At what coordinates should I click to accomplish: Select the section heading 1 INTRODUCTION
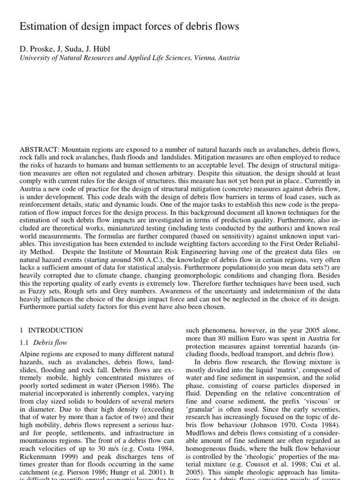51,330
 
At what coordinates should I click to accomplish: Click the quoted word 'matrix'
288,370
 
